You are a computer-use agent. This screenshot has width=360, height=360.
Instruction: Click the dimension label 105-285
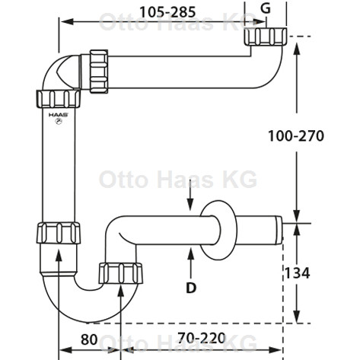click(x=167, y=12)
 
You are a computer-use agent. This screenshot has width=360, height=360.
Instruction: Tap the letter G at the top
click(x=266, y=8)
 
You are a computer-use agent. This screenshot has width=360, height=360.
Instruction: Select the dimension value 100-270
click(x=296, y=135)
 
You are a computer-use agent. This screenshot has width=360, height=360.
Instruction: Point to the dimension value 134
click(x=297, y=273)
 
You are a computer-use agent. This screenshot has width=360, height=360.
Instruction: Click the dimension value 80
click(x=89, y=339)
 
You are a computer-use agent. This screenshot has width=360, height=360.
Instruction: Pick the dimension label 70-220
click(x=202, y=338)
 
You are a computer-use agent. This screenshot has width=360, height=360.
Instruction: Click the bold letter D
click(x=191, y=288)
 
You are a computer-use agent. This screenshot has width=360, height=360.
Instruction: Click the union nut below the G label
click(x=266, y=37)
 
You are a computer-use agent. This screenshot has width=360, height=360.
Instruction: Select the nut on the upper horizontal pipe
click(x=99, y=72)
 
